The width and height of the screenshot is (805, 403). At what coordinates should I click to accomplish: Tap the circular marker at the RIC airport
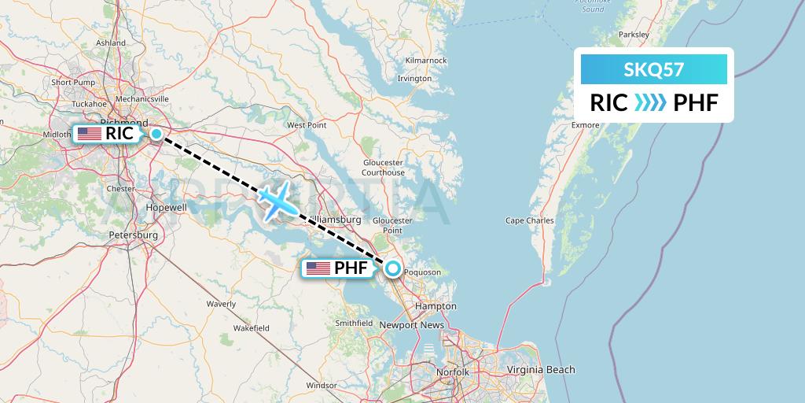[156, 134]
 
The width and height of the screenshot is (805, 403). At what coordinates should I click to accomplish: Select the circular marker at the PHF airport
[392, 269]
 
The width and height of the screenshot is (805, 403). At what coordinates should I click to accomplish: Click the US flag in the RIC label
[90, 134]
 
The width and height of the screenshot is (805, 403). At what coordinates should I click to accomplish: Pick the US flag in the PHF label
[318, 269]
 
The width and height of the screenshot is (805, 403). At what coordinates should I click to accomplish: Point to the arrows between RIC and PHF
[649, 103]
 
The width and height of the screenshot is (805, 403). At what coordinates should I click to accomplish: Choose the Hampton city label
[439, 305]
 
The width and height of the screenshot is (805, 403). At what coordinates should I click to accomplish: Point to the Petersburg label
[133, 235]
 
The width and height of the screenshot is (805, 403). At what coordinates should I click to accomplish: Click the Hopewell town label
[167, 207]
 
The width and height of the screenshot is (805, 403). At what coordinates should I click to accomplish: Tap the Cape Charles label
[530, 220]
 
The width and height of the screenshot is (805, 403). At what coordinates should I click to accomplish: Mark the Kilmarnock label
[426, 61]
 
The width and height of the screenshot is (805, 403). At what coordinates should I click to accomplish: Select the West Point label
[307, 125]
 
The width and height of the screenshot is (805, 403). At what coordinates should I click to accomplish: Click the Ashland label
[111, 43]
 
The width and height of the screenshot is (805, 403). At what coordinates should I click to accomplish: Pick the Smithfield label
[354, 323]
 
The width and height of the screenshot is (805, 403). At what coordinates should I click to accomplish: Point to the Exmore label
[585, 124]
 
